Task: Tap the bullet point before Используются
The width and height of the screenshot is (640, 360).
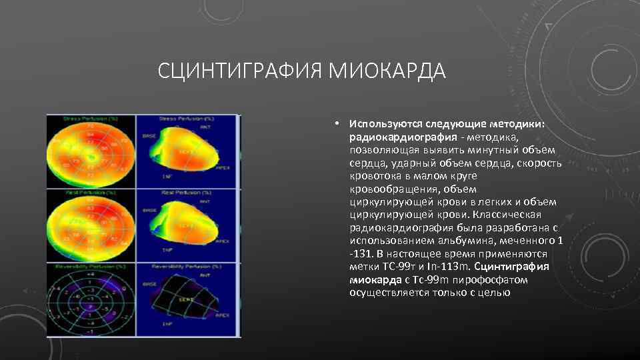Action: tap(339, 124)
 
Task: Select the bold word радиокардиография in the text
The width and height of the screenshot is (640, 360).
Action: tap(391, 137)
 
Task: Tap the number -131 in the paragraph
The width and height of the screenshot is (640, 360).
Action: tap(361, 254)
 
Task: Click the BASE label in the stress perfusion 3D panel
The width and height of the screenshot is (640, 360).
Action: tap(149, 135)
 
